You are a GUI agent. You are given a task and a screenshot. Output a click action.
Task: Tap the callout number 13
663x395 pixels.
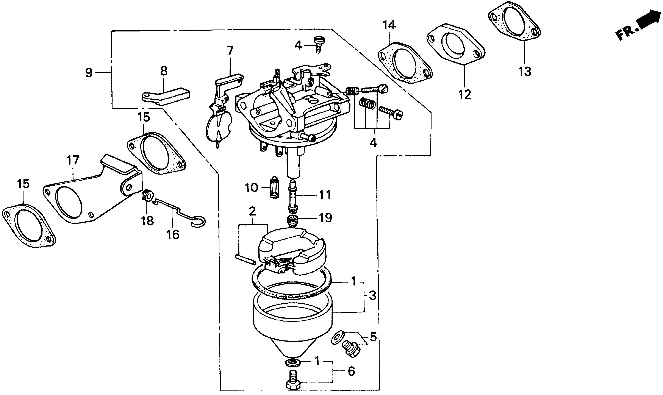point(525,71)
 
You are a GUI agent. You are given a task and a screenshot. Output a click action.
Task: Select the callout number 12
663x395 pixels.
point(465,94)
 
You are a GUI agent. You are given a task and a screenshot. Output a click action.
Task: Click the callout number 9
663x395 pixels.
point(89,72)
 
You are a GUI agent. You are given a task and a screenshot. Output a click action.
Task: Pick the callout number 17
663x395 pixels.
point(73,161)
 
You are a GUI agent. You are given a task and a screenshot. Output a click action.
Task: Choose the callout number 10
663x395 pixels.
point(252,188)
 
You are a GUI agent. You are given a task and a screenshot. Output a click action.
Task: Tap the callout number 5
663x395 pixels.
point(373,337)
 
